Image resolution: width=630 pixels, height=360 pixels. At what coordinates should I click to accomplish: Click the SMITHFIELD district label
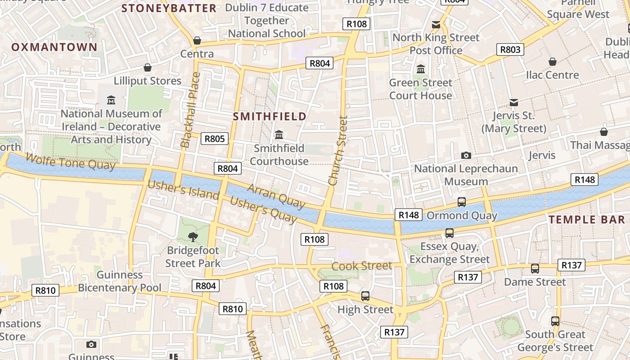270,116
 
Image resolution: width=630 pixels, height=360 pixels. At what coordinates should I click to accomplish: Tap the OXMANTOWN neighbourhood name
54,47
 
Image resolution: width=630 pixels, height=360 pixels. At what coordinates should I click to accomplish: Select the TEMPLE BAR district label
587,220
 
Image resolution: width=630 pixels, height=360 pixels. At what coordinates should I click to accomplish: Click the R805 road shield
214,139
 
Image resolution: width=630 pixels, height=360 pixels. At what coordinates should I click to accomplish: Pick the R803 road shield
510,49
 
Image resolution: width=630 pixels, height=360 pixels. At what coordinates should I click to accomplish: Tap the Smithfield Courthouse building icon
279,135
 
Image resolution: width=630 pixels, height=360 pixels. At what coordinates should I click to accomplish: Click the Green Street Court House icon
421,69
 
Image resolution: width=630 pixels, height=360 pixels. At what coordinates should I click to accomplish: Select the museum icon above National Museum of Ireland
111,100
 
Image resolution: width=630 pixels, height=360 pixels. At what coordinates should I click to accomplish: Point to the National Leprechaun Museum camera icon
466,155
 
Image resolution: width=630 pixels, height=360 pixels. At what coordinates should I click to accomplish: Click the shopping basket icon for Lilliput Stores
147,67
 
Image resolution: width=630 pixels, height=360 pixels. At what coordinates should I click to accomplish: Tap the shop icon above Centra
197,40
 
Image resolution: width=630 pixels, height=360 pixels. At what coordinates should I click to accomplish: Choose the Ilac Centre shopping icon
552,62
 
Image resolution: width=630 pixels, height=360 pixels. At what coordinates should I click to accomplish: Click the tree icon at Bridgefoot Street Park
193,236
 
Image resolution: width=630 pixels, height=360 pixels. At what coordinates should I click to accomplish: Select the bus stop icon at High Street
365,296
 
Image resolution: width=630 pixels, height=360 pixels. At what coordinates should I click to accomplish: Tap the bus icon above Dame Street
535,269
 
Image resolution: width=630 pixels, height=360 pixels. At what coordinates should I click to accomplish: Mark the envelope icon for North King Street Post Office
436,24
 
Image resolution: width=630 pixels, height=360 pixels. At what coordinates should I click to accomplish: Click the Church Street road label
338,151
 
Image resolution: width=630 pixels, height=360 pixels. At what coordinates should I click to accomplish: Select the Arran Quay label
276,196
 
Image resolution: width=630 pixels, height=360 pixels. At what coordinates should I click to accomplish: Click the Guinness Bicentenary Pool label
120,281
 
